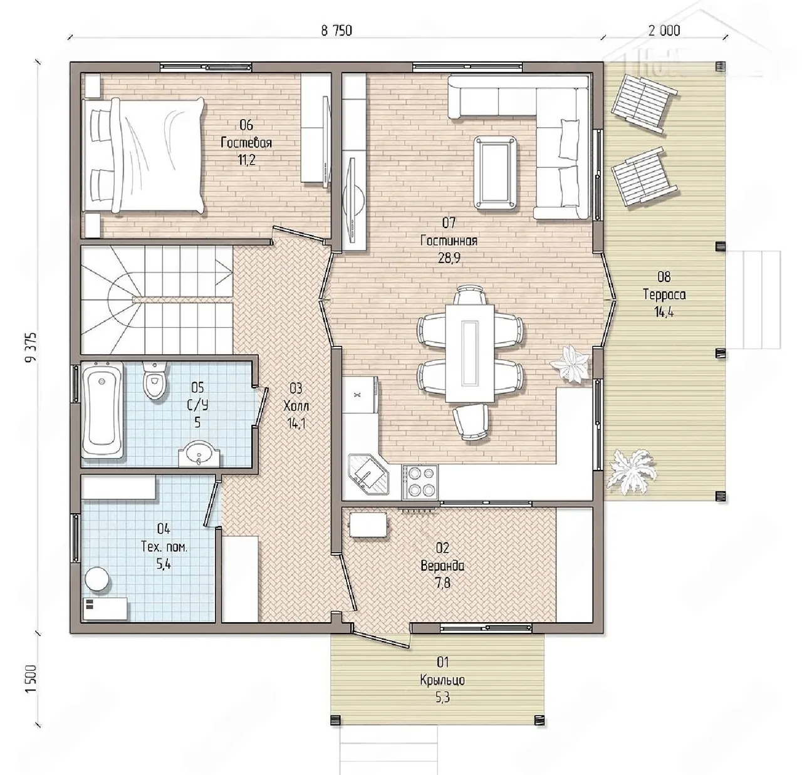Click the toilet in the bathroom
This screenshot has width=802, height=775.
(x=155, y=380)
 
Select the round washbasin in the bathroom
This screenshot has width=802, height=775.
(x=199, y=454)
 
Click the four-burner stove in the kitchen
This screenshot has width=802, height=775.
(x=419, y=481)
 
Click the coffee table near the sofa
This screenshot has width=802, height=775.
(x=495, y=172)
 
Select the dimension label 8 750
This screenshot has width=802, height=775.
(x=336, y=31)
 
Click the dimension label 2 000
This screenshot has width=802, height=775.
(x=664, y=31)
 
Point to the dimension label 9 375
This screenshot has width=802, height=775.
(x=31, y=347)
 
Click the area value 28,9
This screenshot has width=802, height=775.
(x=449, y=258)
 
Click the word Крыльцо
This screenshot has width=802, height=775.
(x=442, y=679)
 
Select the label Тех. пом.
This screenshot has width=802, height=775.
(x=164, y=547)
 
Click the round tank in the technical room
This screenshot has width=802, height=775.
(x=98, y=579)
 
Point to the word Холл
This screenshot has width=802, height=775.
(x=296, y=406)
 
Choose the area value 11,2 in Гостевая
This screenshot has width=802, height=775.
(x=246, y=160)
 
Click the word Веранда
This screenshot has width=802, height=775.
(x=442, y=566)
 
